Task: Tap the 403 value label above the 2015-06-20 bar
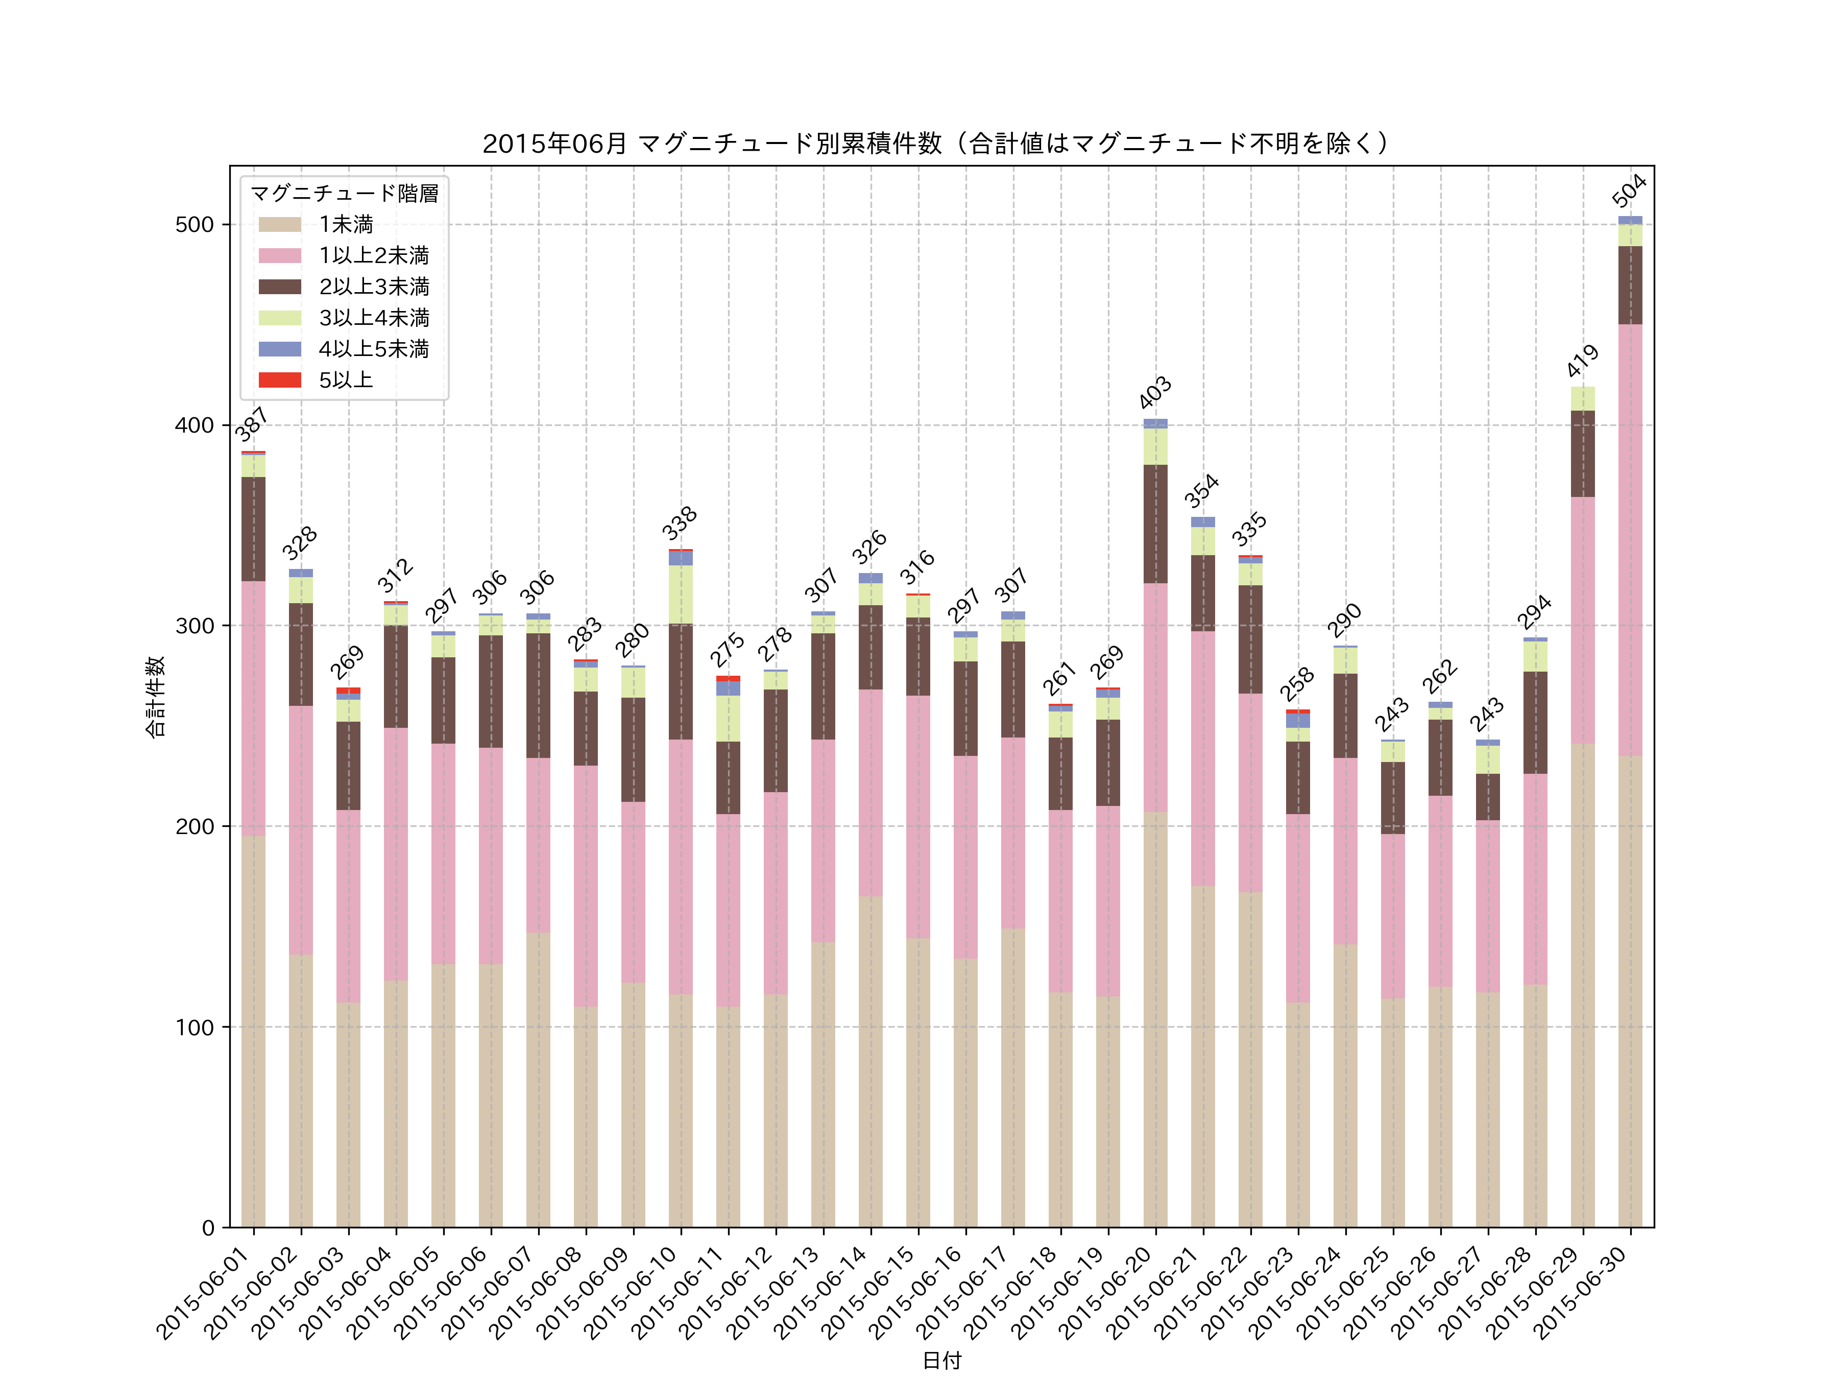click(1154, 392)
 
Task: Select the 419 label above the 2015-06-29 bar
click(1582, 361)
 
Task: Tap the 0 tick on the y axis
click(208, 1228)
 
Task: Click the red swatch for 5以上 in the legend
click(279, 380)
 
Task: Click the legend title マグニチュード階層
click(344, 194)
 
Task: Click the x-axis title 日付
click(941, 1360)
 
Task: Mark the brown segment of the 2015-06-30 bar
click(1630, 285)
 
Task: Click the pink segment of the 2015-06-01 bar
click(253, 708)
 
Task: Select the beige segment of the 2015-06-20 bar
click(1155, 1019)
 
